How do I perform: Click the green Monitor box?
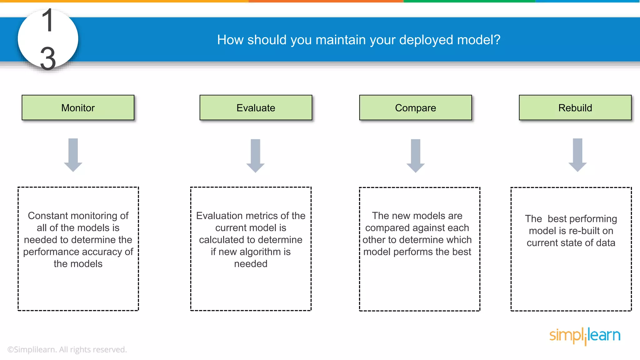[x=78, y=107]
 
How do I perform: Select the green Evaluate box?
[x=256, y=107]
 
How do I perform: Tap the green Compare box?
[x=415, y=107]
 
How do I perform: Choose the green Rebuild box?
[x=575, y=107]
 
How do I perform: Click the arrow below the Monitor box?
[x=73, y=155]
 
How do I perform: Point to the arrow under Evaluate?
[x=255, y=156]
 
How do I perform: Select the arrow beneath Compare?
[x=415, y=156]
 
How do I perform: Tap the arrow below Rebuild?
[x=577, y=155]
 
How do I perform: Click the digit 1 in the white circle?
[x=47, y=21]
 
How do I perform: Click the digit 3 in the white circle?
[x=48, y=58]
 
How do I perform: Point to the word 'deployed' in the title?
[x=427, y=40]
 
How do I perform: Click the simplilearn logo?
[x=585, y=336]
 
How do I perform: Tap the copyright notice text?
[x=67, y=349]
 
